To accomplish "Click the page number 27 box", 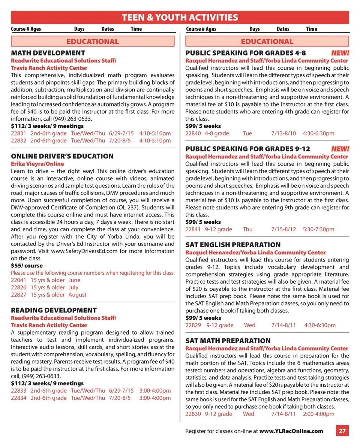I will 342,431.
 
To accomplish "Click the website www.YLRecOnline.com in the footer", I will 291,431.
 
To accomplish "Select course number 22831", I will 18,133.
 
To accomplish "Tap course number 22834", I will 18,398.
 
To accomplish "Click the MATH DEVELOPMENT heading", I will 48,53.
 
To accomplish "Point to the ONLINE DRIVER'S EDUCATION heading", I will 62,156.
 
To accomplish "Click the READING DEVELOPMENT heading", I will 54,310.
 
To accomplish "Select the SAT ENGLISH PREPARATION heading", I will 233,245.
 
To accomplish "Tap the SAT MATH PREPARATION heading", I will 228,341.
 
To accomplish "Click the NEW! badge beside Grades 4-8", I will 340,53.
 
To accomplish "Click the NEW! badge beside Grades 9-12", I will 340,149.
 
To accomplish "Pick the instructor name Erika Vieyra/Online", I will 37,164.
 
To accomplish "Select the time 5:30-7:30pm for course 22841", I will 318,229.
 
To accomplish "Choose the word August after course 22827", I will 77,295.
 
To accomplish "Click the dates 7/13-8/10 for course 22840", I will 283,133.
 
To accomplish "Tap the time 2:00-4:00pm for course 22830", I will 318,414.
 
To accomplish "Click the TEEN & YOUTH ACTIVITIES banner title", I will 180,17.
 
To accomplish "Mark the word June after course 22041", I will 74,280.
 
